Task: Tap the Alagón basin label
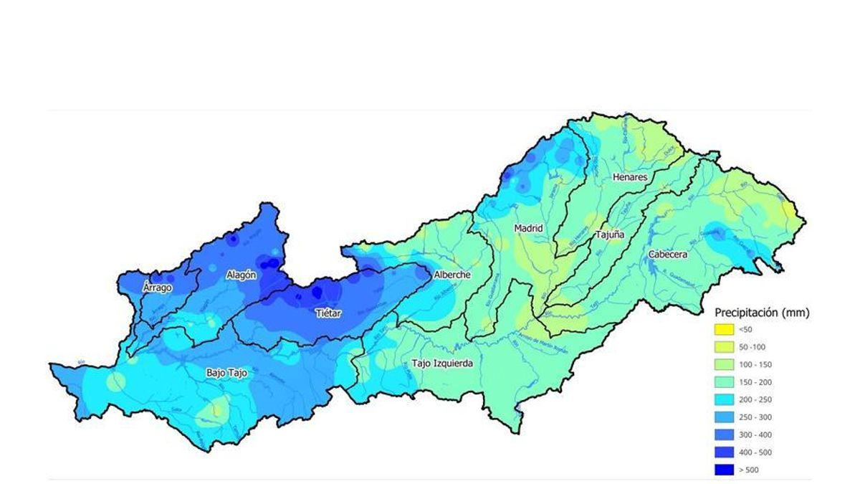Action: point(242,275)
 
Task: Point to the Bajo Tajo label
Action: point(226,373)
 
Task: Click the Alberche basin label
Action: point(452,275)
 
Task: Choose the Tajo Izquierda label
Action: point(442,364)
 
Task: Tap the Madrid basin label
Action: point(528,228)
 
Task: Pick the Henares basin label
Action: point(630,177)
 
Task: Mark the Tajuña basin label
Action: point(610,234)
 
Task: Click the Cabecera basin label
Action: point(668,254)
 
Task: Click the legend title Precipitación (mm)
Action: point(762,313)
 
